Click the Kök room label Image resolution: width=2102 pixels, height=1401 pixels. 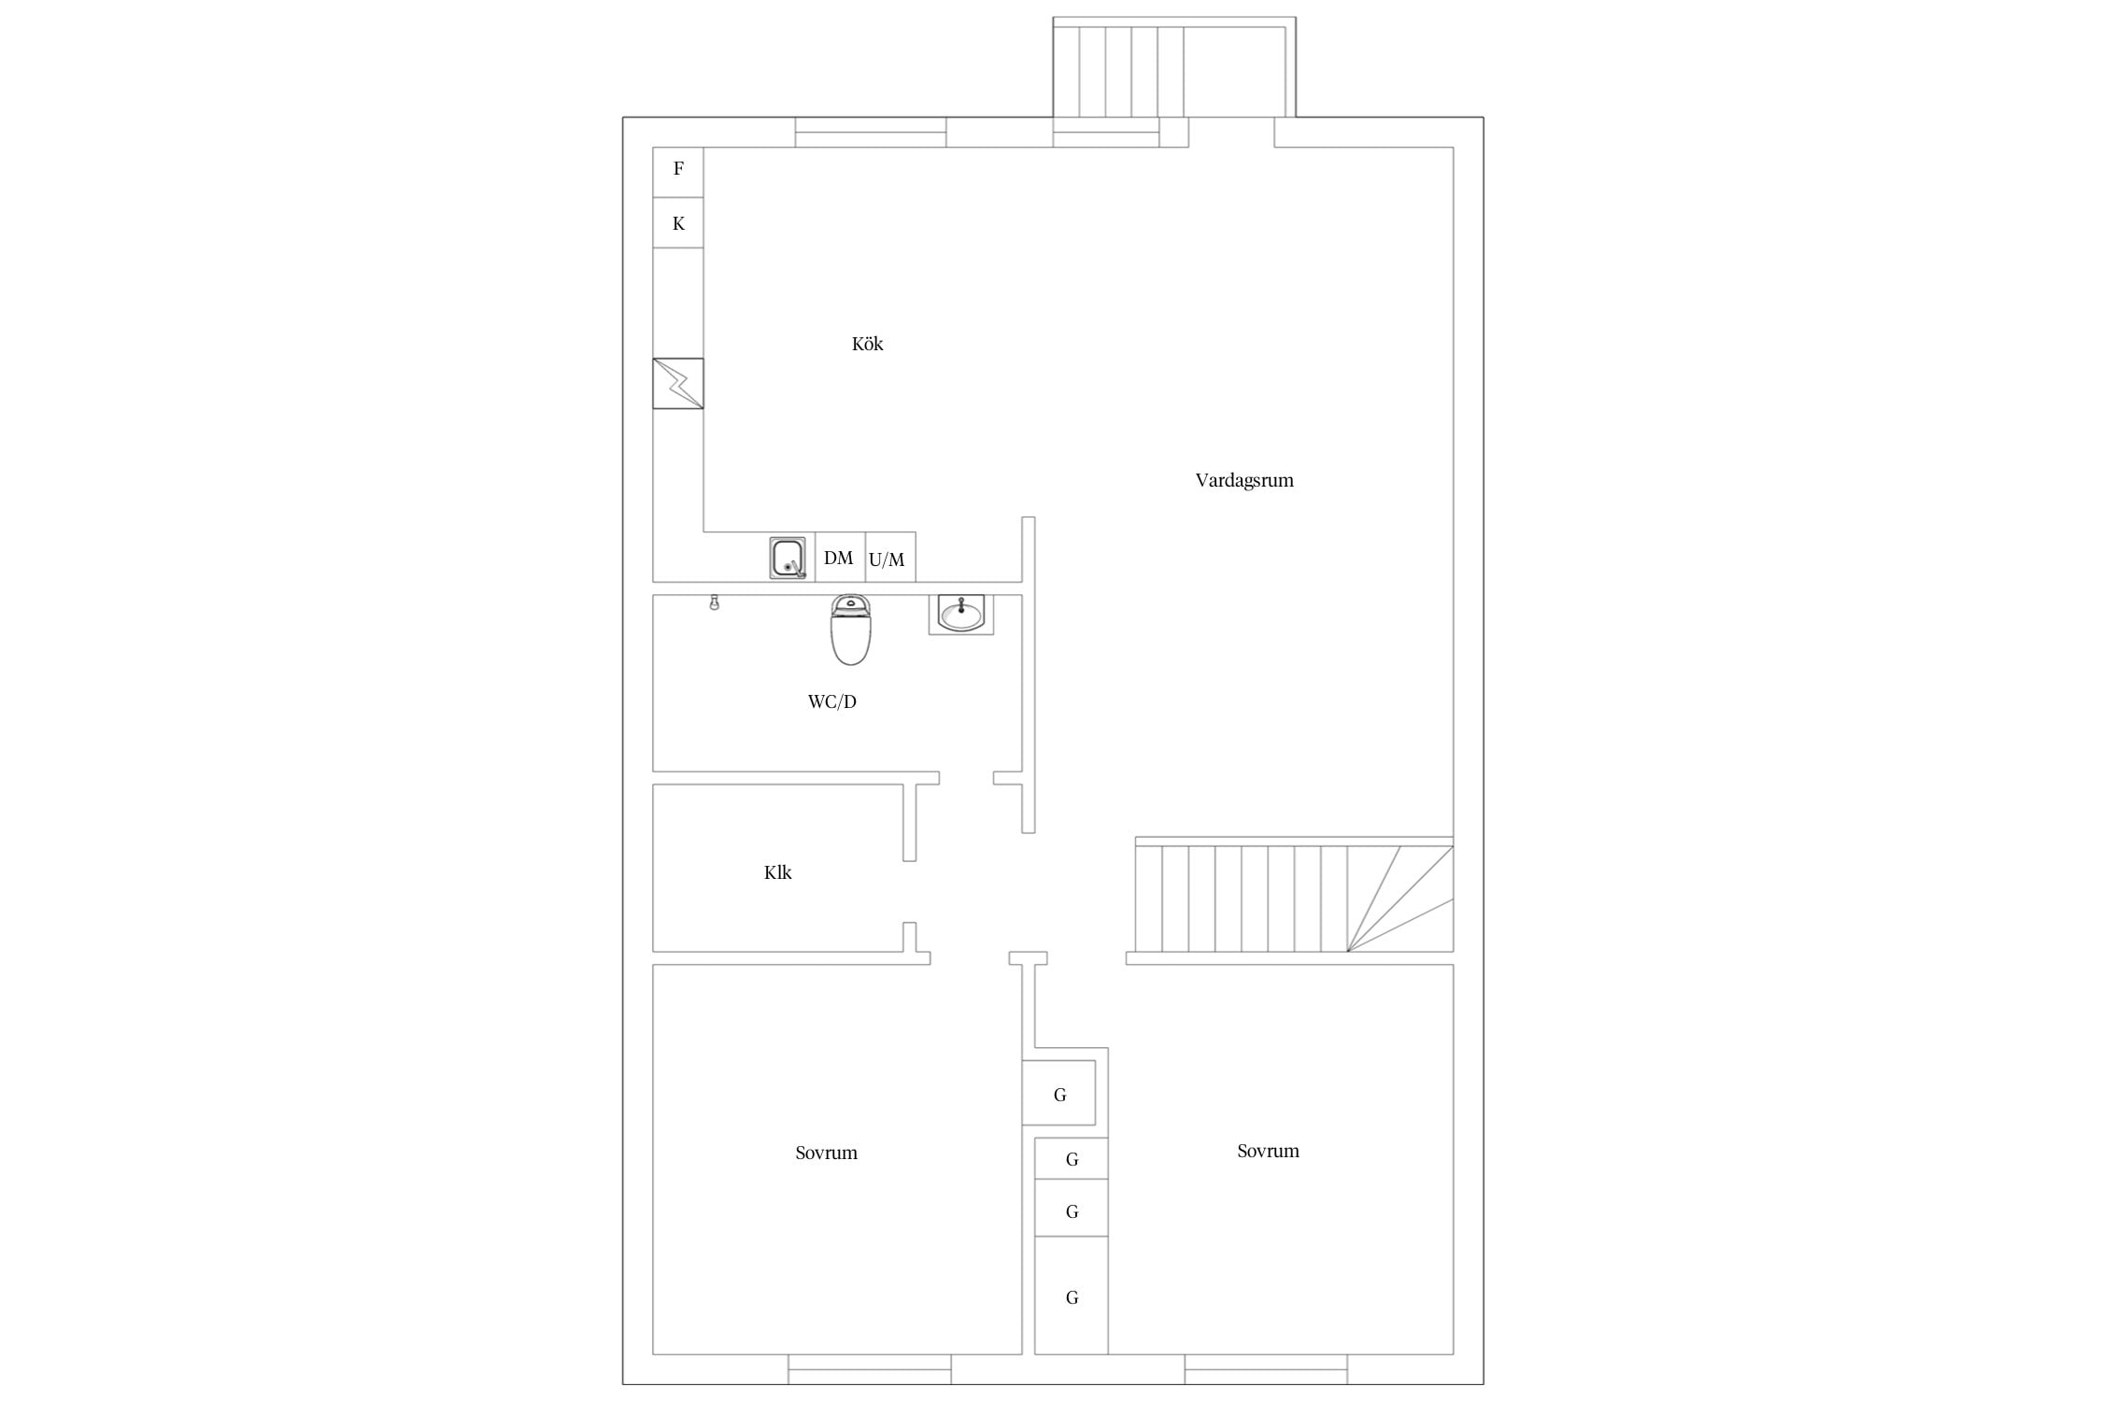867,344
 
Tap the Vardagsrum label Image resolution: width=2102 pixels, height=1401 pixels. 1244,480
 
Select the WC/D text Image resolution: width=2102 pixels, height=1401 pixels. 831,701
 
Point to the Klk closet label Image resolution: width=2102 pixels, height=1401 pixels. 777,872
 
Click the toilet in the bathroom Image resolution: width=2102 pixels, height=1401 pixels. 850,630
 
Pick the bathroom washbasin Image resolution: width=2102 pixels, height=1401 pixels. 960,615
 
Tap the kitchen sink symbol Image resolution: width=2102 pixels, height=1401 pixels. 788,558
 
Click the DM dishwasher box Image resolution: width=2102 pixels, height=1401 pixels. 840,558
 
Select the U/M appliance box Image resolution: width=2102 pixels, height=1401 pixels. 890,558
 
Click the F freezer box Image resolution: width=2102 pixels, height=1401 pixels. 678,172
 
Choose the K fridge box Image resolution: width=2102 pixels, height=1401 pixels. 678,222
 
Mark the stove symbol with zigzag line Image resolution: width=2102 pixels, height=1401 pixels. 678,383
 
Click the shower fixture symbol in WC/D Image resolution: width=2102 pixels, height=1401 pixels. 715,602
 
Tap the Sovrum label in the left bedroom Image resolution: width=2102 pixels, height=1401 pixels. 826,1153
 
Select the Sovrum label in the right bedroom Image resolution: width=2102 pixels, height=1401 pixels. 1268,1151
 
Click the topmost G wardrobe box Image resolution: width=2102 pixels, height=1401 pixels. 1058,1093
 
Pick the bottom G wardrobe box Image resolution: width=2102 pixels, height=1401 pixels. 1072,1295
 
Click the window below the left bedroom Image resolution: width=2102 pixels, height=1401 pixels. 870,1369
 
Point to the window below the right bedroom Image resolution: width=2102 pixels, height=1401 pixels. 1266,1369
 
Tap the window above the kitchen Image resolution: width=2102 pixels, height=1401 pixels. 871,133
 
